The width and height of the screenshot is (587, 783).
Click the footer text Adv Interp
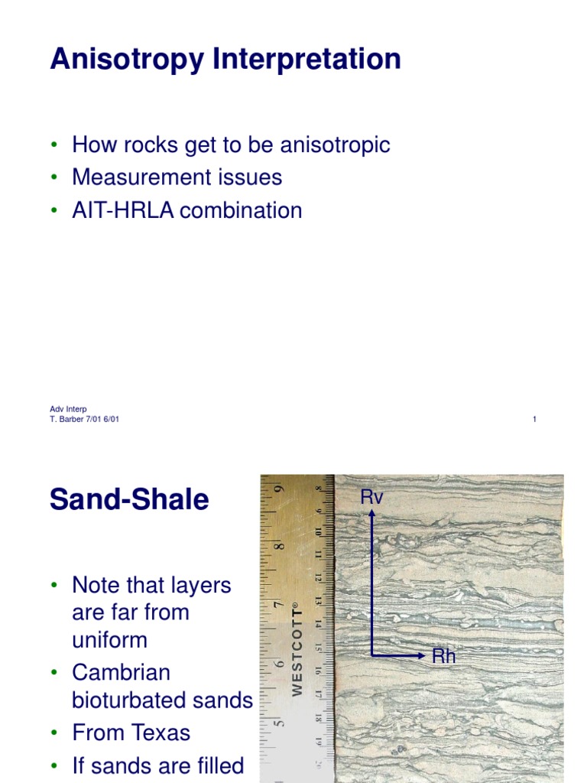point(68,409)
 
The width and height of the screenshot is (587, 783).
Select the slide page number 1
point(534,419)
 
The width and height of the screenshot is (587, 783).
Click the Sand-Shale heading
point(129,500)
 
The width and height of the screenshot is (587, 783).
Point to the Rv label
point(371,498)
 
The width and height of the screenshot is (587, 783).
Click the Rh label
point(444,656)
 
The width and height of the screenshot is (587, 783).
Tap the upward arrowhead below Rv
point(372,515)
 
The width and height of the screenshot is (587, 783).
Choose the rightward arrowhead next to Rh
point(422,655)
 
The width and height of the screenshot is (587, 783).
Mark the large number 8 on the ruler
point(281,546)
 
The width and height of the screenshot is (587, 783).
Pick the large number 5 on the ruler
point(281,722)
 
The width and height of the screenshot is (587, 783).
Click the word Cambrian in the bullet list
point(121,673)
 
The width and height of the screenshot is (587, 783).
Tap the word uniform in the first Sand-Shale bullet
point(109,639)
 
